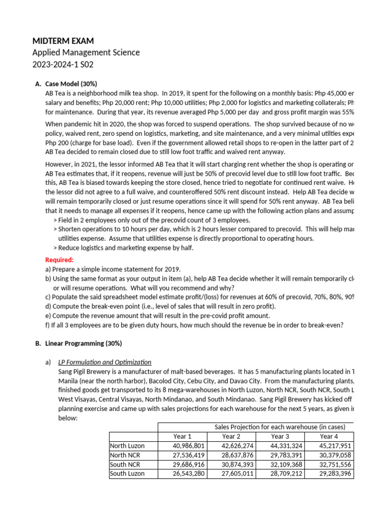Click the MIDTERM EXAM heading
(63, 41)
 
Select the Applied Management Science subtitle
(86, 53)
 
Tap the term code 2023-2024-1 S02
(63, 65)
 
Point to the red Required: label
(60, 260)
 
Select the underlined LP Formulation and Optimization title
(105, 362)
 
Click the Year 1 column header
(182, 436)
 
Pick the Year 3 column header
(280, 436)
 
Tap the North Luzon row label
(127, 446)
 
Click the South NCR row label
(126, 464)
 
